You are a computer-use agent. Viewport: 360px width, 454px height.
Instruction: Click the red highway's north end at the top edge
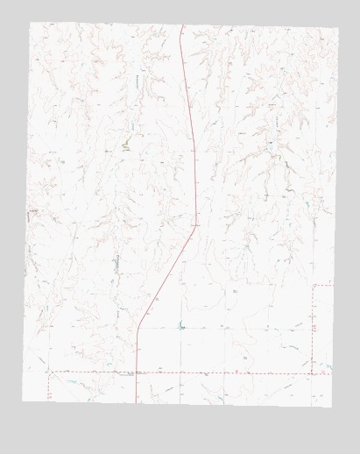181,25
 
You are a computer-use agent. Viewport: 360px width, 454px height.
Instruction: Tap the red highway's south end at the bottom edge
138,401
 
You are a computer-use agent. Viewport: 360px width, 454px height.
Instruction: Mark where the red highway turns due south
138,330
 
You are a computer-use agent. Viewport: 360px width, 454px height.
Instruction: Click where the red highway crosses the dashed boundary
138,372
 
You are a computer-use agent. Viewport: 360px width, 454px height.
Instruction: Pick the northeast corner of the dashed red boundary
314,286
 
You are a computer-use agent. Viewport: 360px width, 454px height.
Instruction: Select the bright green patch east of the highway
278,157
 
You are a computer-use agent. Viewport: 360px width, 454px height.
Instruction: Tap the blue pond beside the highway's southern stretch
182,328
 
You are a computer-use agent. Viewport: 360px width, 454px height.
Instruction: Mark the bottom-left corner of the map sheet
23,401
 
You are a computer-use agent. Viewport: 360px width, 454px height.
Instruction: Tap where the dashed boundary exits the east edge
333,286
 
